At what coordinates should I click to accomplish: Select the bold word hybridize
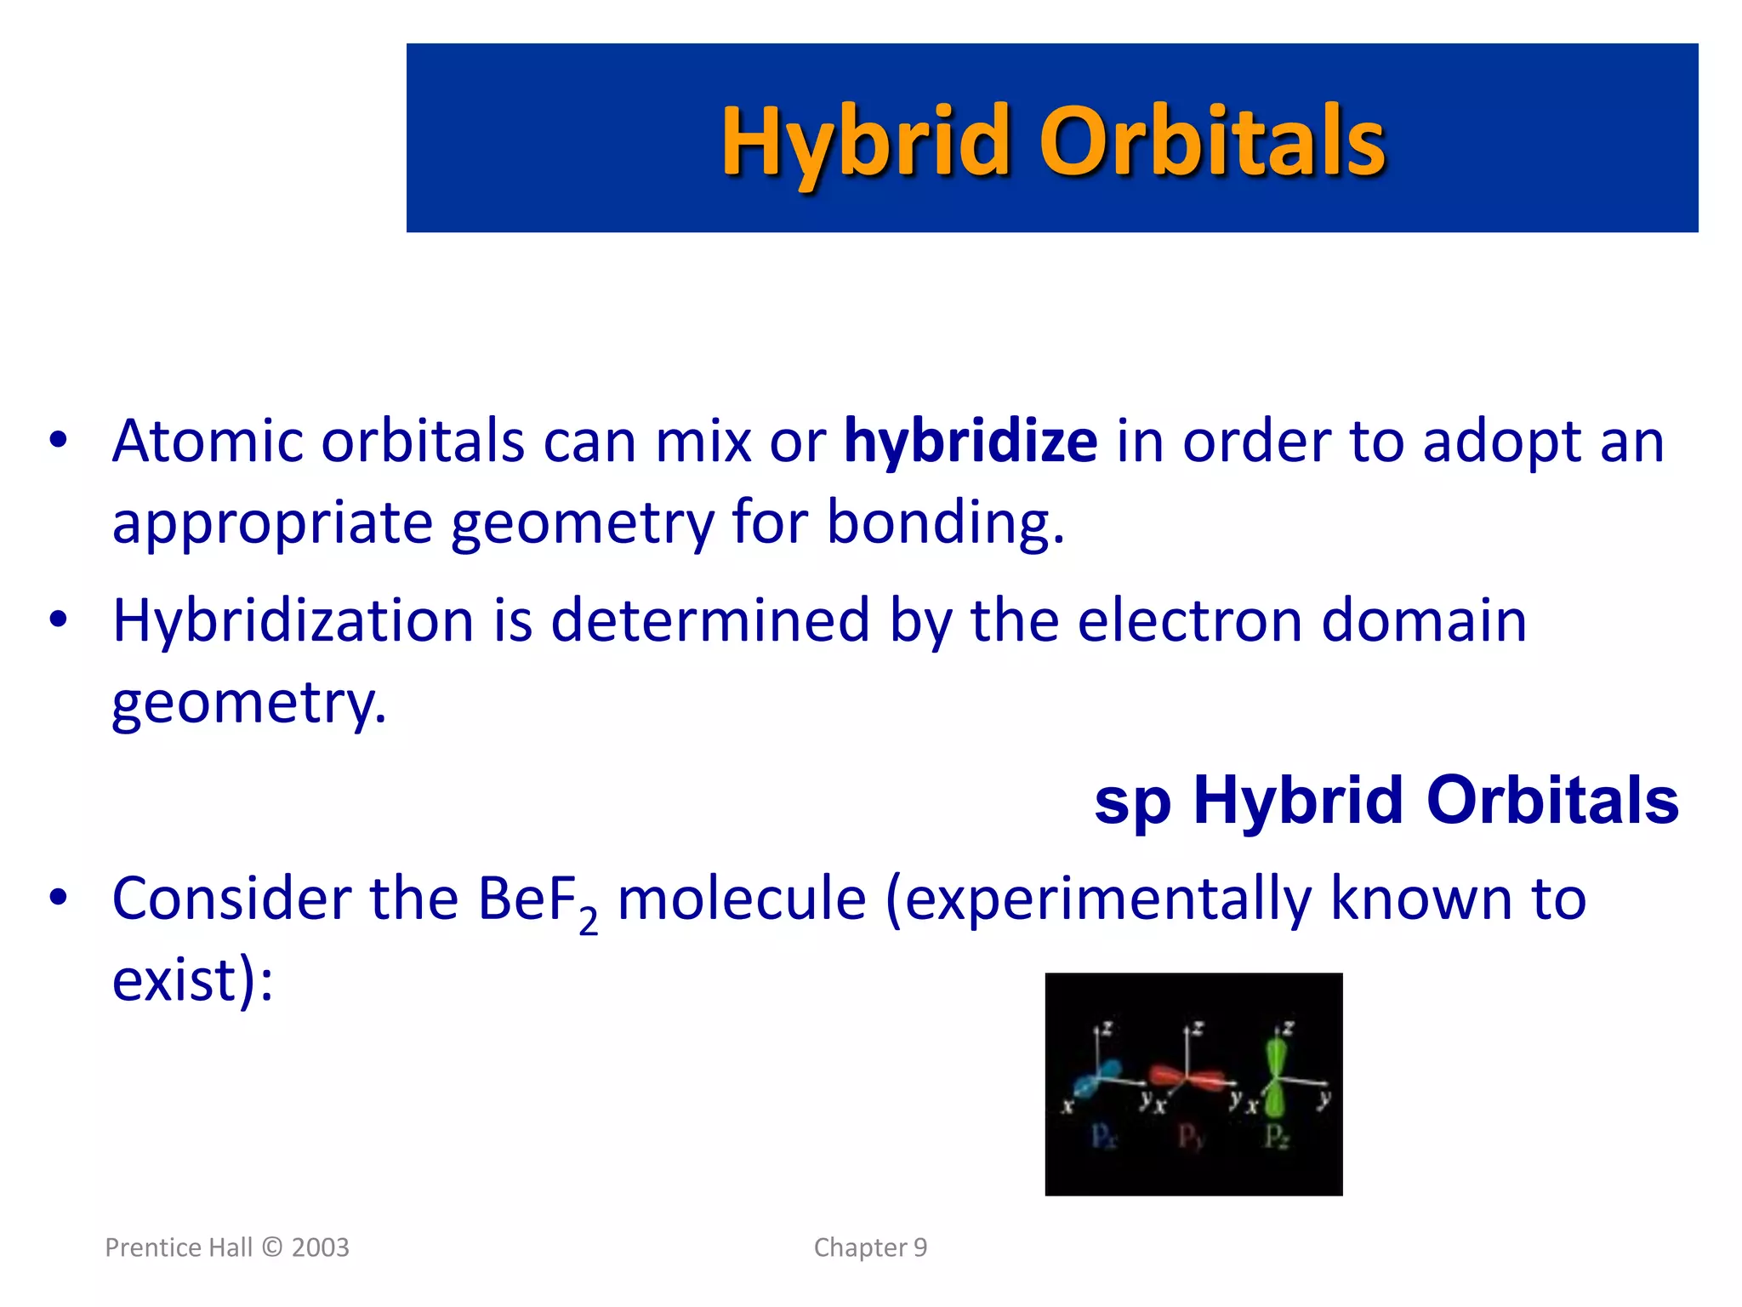(x=970, y=442)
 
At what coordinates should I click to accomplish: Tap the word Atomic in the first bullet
(x=208, y=442)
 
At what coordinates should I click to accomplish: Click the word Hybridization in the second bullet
(x=293, y=621)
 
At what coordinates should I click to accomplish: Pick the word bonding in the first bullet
(x=944, y=522)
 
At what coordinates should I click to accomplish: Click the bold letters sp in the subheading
(x=1131, y=802)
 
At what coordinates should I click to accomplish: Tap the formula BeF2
(x=536, y=900)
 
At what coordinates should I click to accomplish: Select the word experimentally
(x=1106, y=900)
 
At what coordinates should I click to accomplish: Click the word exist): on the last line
(x=192, y=980)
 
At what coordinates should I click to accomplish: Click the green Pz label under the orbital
(x=1277, y=1137)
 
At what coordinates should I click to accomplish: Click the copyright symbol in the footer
(x=272, y=1247)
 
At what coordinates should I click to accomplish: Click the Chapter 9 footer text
(x=870, y=1247)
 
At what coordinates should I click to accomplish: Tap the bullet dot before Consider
(x=58, y=897)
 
